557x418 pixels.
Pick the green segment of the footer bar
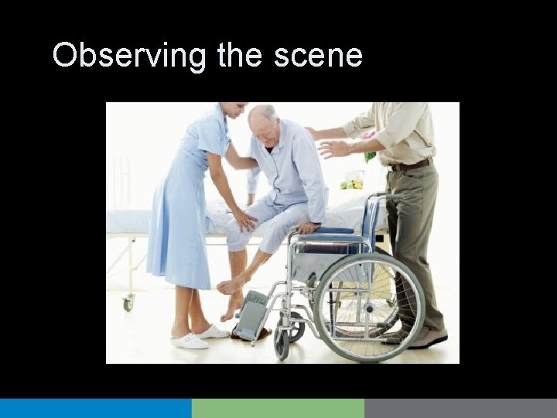(278, 408)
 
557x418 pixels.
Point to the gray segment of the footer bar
(460, 408)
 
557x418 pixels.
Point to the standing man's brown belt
(410, 165)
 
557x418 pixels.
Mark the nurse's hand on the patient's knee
(246, 221)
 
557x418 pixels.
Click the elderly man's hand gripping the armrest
(310, 228)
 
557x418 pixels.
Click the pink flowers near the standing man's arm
(368, 139)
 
